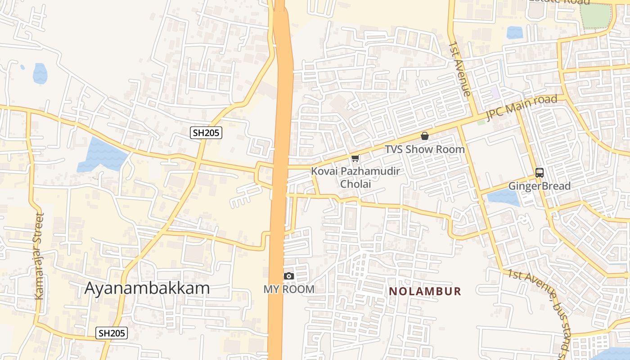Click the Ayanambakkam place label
[x=147, y=288]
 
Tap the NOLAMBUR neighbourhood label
[x=425, y=291]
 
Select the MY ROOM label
[x=289, y=289]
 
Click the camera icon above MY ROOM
[x=289, y=276]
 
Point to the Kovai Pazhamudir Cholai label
[x=355, y=177]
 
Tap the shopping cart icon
[x=355, y=158]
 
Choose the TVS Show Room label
[x=424, y=149]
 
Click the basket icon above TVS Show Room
[x=424, y=135]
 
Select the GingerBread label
[x=539, y=186]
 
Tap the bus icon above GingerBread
[x=539, y=172]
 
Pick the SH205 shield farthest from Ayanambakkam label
[x=207, y=132]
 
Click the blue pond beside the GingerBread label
[x=503, y=197]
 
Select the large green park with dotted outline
[x=595, y=16]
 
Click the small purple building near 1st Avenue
[x=495, y=93]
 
